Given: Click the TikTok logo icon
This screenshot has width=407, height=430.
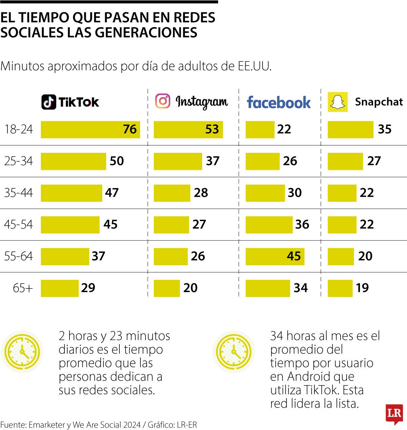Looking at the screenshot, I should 49,102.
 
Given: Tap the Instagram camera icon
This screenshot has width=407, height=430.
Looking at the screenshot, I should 163,101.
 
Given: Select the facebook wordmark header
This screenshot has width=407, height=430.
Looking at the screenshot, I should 279,102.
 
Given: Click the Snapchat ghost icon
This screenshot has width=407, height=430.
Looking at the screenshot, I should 337,102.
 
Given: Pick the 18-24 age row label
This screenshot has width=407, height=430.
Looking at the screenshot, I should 19,129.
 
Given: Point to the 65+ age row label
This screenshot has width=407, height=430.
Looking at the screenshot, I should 23,288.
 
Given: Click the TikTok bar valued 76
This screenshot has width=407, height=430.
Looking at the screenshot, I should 90,129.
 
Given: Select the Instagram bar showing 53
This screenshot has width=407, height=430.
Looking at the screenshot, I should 188,129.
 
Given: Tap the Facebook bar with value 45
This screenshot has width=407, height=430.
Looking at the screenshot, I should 275,256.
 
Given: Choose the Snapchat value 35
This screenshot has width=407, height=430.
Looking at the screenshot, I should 385,129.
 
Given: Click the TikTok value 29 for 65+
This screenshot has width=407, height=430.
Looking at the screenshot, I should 88,288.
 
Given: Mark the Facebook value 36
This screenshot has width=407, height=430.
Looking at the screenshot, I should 302,225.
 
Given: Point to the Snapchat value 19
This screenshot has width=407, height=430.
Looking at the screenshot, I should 362,288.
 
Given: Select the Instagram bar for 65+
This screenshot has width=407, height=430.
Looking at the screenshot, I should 167,288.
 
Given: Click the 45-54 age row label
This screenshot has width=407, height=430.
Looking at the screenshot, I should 19,225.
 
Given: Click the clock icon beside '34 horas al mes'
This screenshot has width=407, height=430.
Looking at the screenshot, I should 234,352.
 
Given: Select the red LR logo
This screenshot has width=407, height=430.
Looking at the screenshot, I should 394,414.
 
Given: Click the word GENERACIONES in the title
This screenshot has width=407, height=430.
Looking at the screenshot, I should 146,33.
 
